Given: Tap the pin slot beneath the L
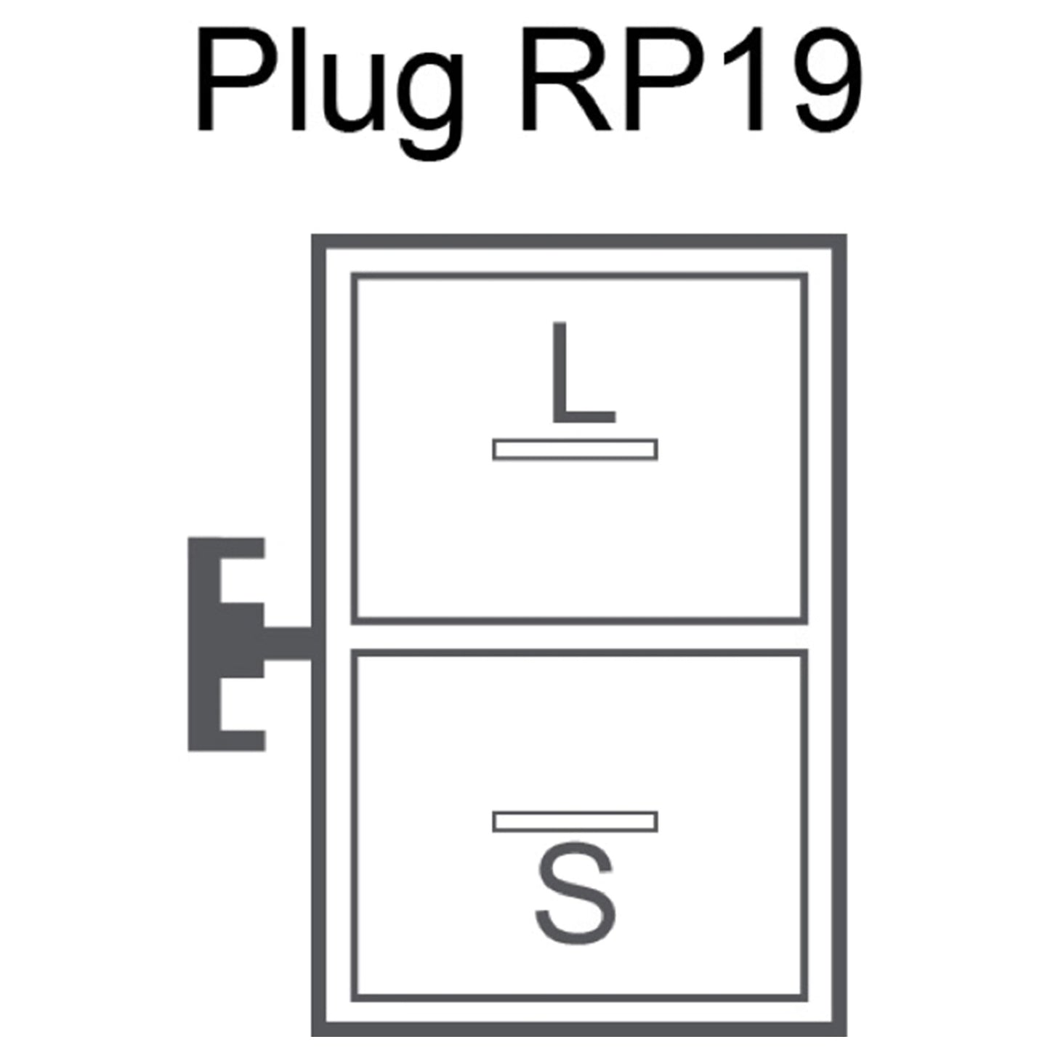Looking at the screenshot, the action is [x=576, y=450].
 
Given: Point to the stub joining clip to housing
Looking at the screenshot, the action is [x=288, y=643].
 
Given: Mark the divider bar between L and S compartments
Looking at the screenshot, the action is [x=578, y=637].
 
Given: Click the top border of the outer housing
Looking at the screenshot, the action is [x=578, y=241].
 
